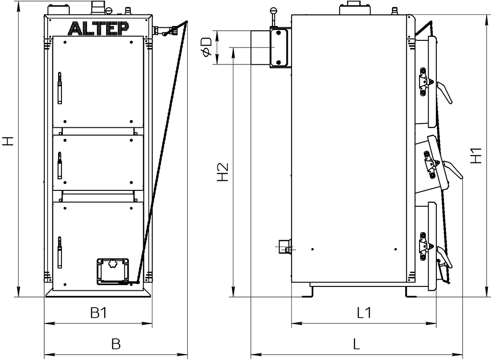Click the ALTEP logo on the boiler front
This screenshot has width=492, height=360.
point(98,28)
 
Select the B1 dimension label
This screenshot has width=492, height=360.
point(98,313)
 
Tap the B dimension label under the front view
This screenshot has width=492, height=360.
point(116,344)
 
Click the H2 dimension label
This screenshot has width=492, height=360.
point(222,172)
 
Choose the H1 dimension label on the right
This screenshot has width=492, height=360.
point(476,155)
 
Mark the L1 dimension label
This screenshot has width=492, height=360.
point(364,312)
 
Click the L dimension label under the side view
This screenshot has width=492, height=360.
point(356,344)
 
